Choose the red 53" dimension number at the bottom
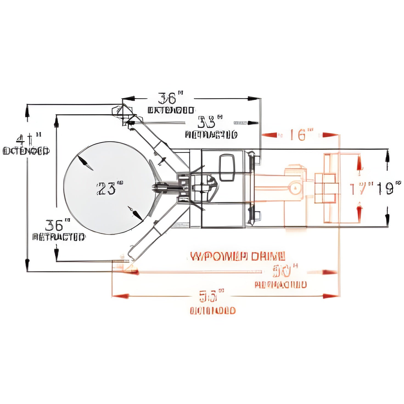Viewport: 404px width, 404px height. click(211, 296)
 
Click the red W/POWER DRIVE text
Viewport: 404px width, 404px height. click(238, 257)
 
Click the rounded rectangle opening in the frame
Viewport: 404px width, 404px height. click(227, 168)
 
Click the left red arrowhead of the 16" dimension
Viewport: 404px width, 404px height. click(269, 135)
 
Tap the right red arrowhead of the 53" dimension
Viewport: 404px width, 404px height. click(330, 296)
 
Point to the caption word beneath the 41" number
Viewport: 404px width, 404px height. click(26, 151)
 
